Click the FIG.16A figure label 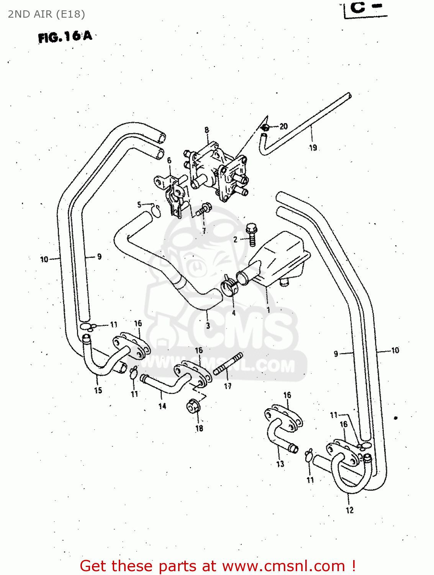(x=65, y=37)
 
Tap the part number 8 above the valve (x=207, y=130)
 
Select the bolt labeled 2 (x=252, y=235)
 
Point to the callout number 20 (x=283, y=126)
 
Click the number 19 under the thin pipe (x=313, y=148)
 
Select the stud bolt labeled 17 (x=228, y=364)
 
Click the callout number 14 (x=162, y=406)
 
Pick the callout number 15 (x=98, y=390)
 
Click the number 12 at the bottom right (x=349, y=510)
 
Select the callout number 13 (x=280, y=464)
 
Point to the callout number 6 (x=169, y=160)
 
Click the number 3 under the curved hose (x=208, y=326)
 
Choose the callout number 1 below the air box (x=268, y=310)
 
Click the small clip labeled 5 (x=157, y=209)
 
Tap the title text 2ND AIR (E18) (x=46, y=14)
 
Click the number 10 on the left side (x=44, y=260)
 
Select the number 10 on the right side (x=395, y=350)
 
